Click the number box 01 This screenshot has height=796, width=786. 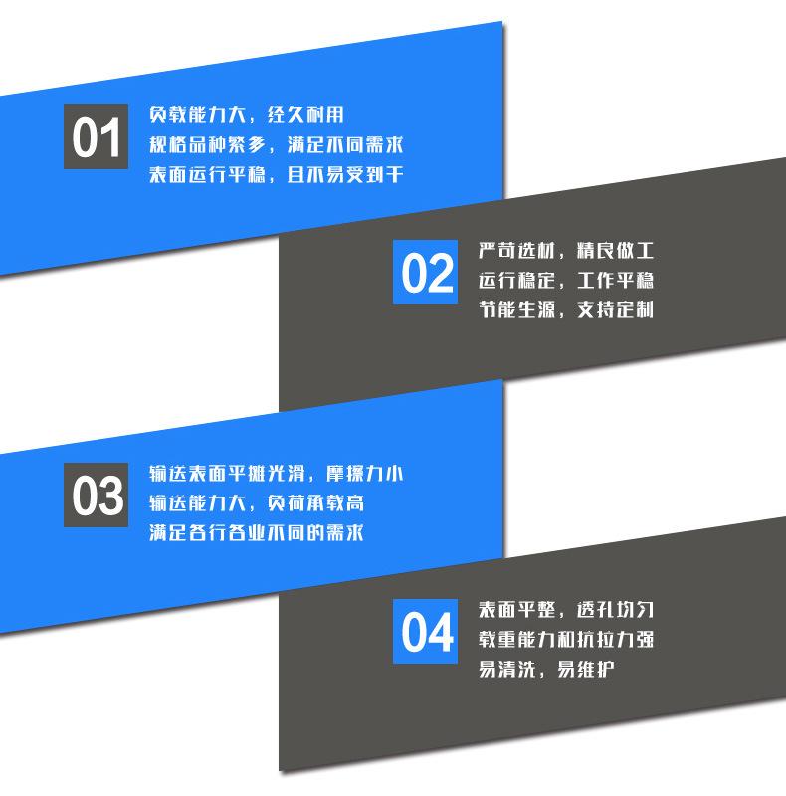pyautogui.click(x=97, y=136)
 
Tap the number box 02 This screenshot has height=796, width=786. pyautogui.click(x=427, y=271)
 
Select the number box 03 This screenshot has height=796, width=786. pyautogui.click(x=97, y=495)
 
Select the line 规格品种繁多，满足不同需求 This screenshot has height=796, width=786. pyautogui.click(x=276, y=145)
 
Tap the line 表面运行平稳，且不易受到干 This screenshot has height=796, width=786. pyautogui.click(x=276, y=175)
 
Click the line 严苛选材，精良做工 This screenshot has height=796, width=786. pyautogui.click(x=565, y=250)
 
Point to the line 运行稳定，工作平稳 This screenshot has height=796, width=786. pyautogui.click(x=565, y=280)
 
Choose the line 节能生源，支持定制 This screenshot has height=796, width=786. pyautogui.click(x=565, y=309)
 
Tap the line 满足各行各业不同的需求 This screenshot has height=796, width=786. pyautogui.click(x=256, y=533)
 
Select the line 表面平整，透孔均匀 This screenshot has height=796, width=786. pyautogui.click(x=565, y=608)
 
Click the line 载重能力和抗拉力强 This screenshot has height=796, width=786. pyautogui.click(x=565, y=638)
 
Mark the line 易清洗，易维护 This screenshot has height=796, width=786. pyautogui.click(x=545, y=668)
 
